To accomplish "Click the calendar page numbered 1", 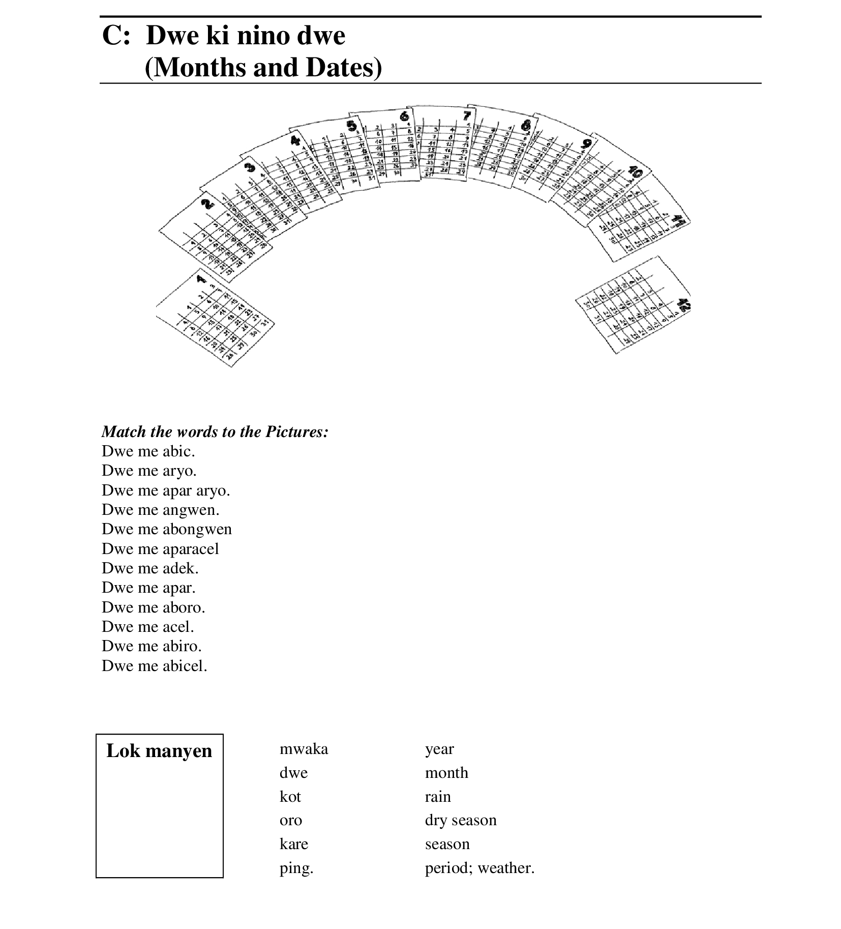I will tap(214, 318).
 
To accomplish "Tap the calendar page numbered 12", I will tap(633, 305).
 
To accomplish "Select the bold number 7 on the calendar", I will tap(466, 115).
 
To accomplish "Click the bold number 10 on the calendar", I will tap(635, 172).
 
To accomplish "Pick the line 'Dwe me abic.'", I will tap(148, 451).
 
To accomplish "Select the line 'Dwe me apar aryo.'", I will tap(166, 490).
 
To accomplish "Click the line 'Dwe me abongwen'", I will tap(166, 529).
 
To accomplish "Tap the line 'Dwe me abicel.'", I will tap(154, 666).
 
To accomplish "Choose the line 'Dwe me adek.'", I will tap(150, 568).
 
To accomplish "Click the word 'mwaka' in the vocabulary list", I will tap(304, 749).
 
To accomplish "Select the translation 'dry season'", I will tap(461, 820).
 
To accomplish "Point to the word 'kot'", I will tap(290, 797).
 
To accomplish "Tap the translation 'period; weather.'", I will tap(479, 868).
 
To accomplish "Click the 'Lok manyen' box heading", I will tap(159, 751).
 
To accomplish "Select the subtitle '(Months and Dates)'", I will tap(263, 68).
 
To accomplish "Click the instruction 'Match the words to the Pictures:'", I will tap(215, 432).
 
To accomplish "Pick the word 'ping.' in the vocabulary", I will tap(296, 868).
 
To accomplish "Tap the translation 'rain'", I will tap(438, 797).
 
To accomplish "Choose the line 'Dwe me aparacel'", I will tap(160, 549).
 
